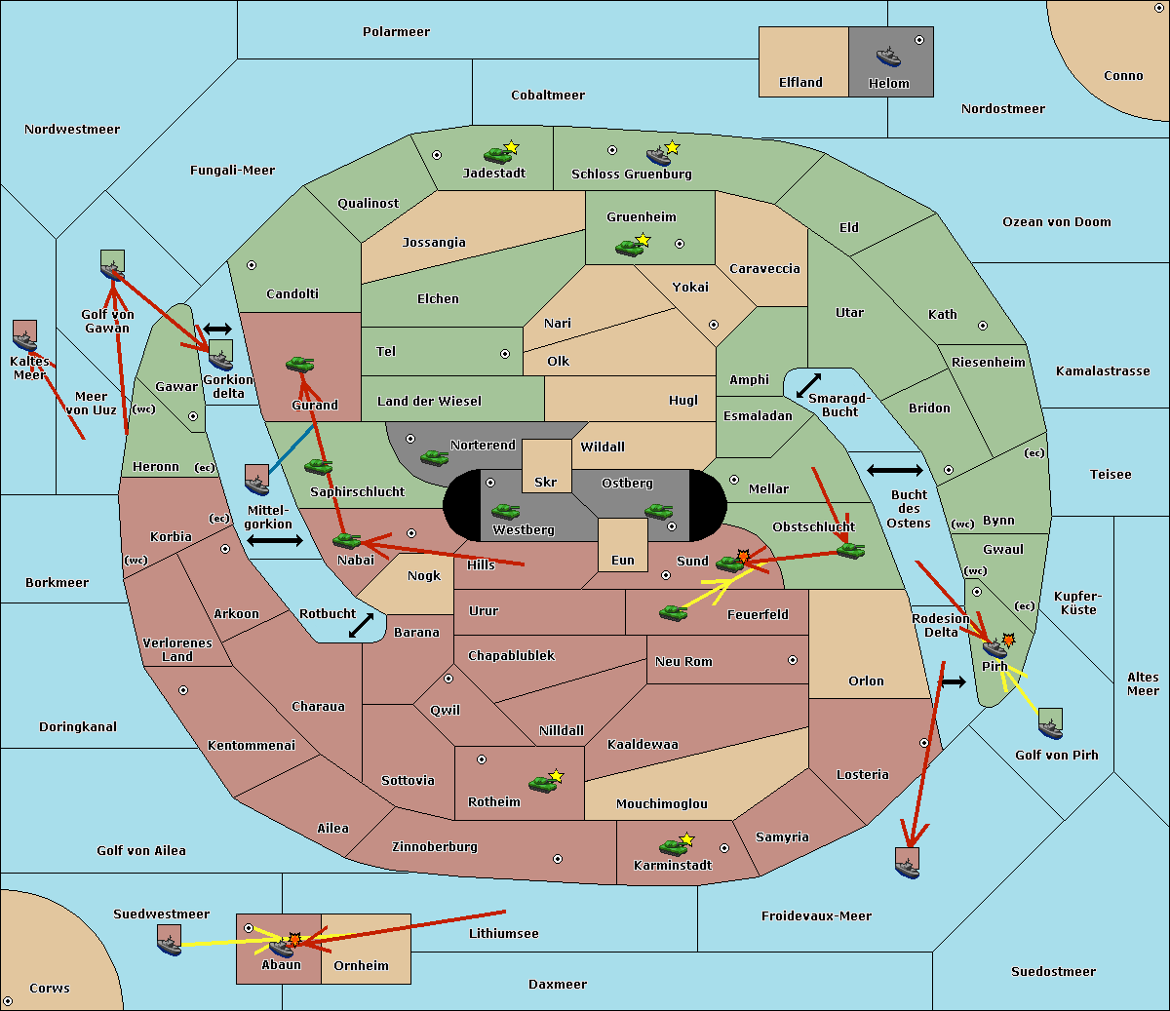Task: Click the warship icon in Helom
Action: (x=888, y=57)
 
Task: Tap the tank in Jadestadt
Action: (x=497, y=155)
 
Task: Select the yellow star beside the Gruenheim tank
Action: (x=643, y=240)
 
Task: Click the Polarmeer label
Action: (x=396, y=32)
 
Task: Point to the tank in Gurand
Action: (x=300, y=364)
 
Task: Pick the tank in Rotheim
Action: (x=542, y=784)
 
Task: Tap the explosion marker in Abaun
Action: (x=294, y=940)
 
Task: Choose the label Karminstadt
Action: (x=673, y=865)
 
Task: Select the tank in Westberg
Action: (x=505, y=512)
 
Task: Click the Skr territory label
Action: (x=546, y=482)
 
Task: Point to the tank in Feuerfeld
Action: (x=674, y=613)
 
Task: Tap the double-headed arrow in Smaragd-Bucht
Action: (x=808, y=385)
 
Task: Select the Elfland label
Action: (x=800, y=83)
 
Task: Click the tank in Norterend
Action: (x=434, y=458)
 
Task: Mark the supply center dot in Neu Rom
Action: (x=793, y=660)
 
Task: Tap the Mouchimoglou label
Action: (x=662, y=803)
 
